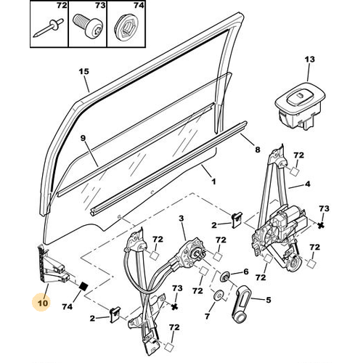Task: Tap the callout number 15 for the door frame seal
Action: (x=84, y=72)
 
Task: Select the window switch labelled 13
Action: (x=300, y=105)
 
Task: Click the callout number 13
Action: (x=309, y=60)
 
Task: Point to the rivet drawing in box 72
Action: (x=48, y=28)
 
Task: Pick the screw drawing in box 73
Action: (x=88, y=26)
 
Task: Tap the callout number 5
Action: (x=268, y=300)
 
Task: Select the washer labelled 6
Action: (x=225, y=277)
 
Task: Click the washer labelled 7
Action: (x=219, y=295)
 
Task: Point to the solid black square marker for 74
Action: (x=83, y=287)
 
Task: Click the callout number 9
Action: (x=83, y=138)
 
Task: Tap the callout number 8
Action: (x=258, y=150)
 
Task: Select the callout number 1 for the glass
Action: (x=213, y=181)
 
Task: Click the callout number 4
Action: (x=307, y=184)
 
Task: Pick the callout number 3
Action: (x=181, y=219)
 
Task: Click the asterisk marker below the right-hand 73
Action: (x=321, y=226)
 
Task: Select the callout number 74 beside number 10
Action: (x=67, y=307)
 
